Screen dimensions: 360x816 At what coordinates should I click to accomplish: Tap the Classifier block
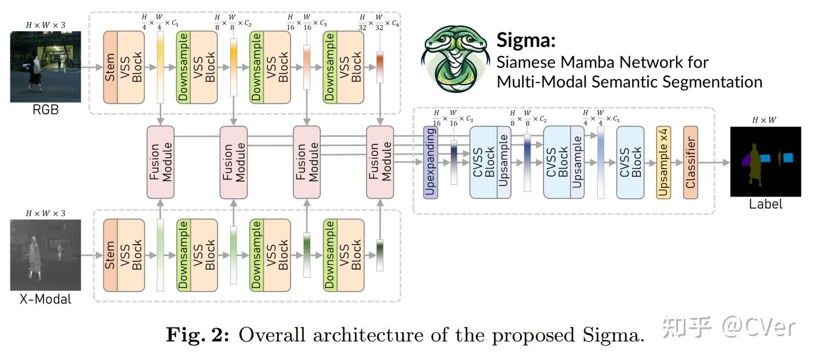(691, 162)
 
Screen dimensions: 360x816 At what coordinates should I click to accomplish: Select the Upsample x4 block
(663, 162)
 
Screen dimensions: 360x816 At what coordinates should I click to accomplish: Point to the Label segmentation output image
(765, 162)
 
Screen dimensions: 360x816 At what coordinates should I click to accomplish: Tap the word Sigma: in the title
(526, 41)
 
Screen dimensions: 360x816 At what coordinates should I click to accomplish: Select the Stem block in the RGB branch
(111, 67)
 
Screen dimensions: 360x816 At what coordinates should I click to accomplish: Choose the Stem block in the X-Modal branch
(111, 255)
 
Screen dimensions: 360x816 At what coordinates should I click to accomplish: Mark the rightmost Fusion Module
(380, 162)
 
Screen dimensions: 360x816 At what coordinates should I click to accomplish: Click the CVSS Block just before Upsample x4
(630, 162)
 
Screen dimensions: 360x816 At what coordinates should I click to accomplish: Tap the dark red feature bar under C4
(380, 68)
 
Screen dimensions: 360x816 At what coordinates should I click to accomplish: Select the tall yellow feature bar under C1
(161, 68)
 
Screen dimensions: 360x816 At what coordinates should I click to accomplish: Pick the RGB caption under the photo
(45, 110)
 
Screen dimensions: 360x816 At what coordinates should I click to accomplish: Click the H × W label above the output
(764, 120)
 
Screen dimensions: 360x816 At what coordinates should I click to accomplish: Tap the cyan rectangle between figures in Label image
(766, 158)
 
